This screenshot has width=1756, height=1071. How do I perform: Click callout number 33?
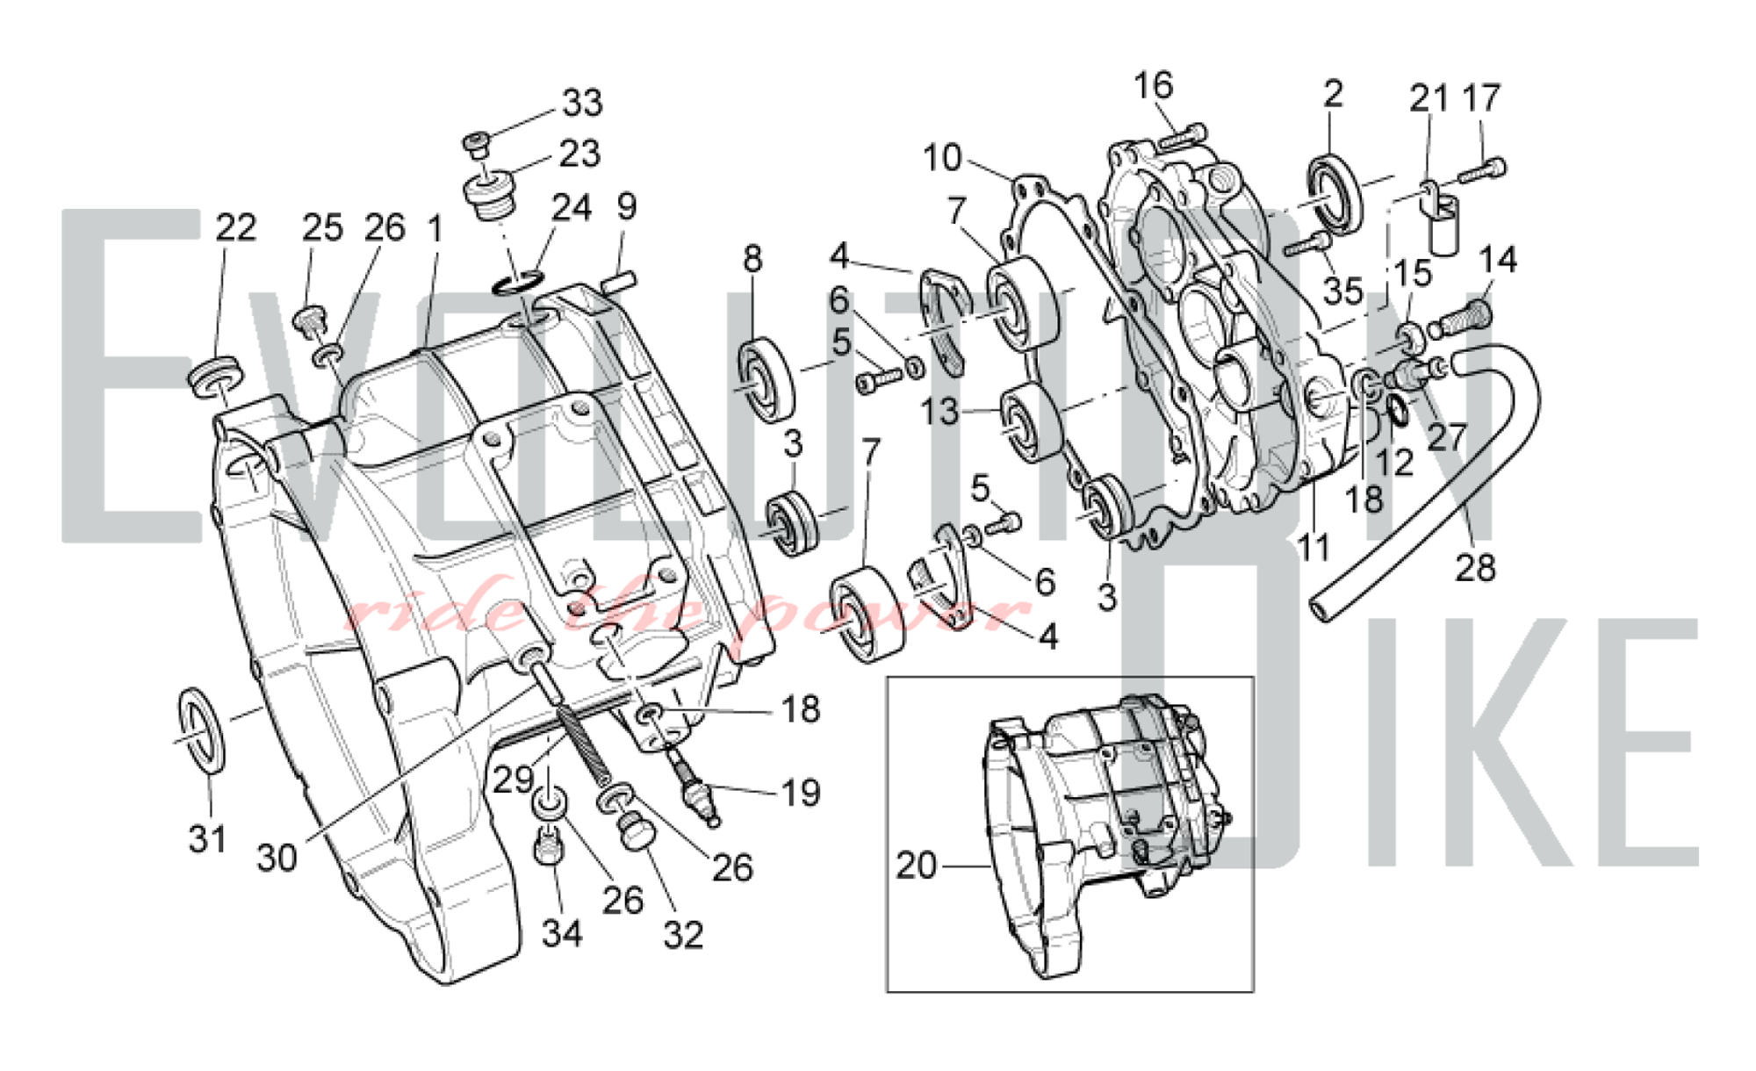582,104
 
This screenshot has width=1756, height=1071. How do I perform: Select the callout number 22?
235,228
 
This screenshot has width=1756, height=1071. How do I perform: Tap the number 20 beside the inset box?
916,866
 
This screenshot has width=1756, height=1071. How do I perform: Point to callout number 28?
1475,568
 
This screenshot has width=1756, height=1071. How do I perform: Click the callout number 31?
208,839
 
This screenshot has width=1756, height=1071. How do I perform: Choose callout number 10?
942,158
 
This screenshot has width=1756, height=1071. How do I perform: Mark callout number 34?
562,933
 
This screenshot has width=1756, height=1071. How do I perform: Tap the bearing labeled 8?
766,378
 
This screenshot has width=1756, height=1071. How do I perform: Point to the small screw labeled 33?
476,144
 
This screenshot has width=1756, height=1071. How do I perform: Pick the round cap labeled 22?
213,375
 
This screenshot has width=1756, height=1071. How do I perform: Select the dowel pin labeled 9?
621,283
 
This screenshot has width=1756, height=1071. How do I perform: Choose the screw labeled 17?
1483,170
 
